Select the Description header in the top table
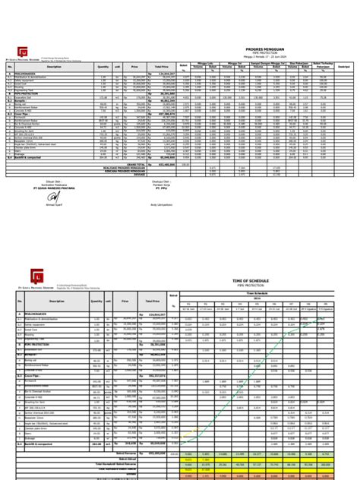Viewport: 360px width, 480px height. point(54,66)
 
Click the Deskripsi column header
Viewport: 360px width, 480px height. point(343,66)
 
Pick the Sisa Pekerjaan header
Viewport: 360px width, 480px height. point(297,63)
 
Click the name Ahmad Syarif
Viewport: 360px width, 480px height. point(55,204)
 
